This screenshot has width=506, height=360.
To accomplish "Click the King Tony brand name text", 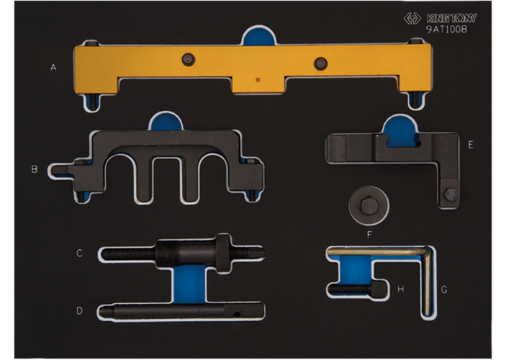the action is tap(451, 18).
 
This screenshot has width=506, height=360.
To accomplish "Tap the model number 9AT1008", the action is tap(447, 30).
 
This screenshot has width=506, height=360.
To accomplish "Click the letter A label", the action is tap(53, 68).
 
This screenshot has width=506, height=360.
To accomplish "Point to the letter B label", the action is tap(35, 169).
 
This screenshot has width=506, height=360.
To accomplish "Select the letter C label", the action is tap(79, 253).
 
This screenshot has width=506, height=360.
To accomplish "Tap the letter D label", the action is tap(79, 311).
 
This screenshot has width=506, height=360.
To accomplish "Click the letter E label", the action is tap(471, 145).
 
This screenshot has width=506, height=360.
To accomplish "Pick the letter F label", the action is tap(370, 235).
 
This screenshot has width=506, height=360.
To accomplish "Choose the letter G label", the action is tap(444, 289).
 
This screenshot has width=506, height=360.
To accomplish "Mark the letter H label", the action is tap(400, 289).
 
